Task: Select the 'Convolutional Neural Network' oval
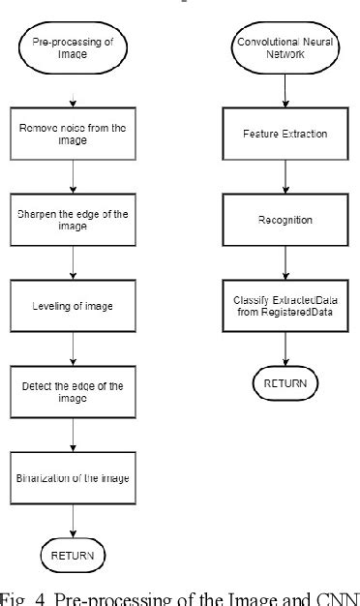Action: click(x=285, y=49)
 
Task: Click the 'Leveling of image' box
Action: click(x=73, y=305)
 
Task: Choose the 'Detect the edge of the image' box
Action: click(x=73, y=391)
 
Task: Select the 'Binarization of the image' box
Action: click(x=73, y=477)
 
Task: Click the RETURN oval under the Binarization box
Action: click(x=73, y=556)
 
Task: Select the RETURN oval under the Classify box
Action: click(x=285, y=383)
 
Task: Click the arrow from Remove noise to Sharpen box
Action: click(x=73, y=178)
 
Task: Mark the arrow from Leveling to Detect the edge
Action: click(x=73, y=348)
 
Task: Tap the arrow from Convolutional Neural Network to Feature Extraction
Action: click(x=285, y=93)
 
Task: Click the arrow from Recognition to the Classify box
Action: click(x=285, y=262)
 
